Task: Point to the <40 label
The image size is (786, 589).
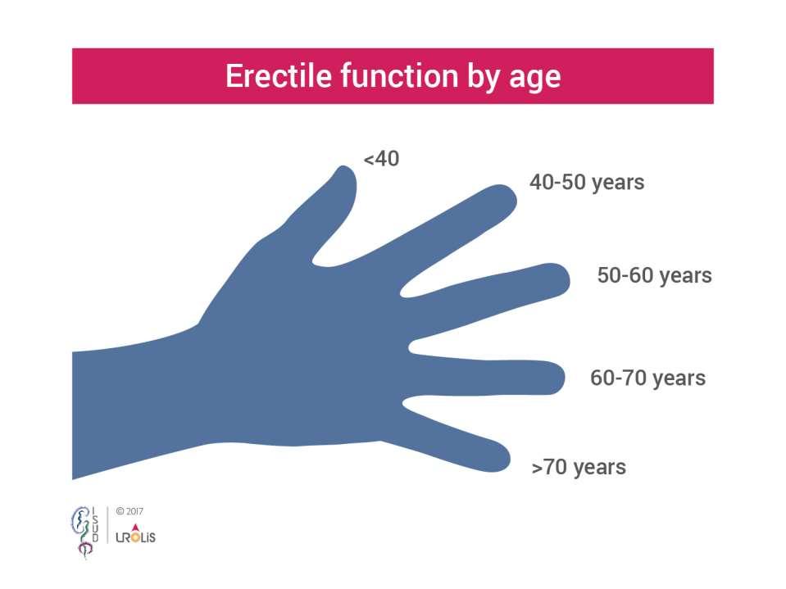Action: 381,159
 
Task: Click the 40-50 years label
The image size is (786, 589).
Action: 587,183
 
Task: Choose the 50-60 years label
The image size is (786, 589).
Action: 654,276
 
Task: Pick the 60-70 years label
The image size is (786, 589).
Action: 647,378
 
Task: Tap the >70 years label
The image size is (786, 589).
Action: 579,467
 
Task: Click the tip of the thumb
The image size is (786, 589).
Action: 345,168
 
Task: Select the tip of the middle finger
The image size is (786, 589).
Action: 569,279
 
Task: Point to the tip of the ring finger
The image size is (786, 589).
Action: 564,377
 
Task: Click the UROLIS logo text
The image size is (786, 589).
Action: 135,537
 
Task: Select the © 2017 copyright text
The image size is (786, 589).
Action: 129,511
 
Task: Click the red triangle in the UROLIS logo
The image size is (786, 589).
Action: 135,527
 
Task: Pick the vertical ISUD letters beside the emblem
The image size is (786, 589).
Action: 95,525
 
